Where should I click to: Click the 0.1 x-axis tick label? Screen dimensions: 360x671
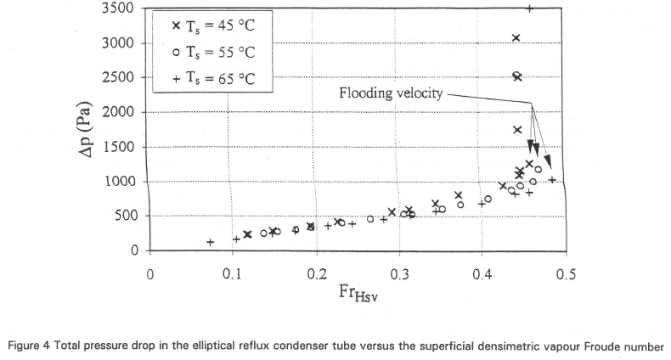coord(232,275)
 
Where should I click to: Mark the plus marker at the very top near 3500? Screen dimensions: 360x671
coord(529,8)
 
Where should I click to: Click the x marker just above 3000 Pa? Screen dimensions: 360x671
coord(516,37)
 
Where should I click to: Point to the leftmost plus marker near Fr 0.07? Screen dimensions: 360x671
coord(210,242)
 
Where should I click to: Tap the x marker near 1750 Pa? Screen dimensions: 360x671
coord(517,130)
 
